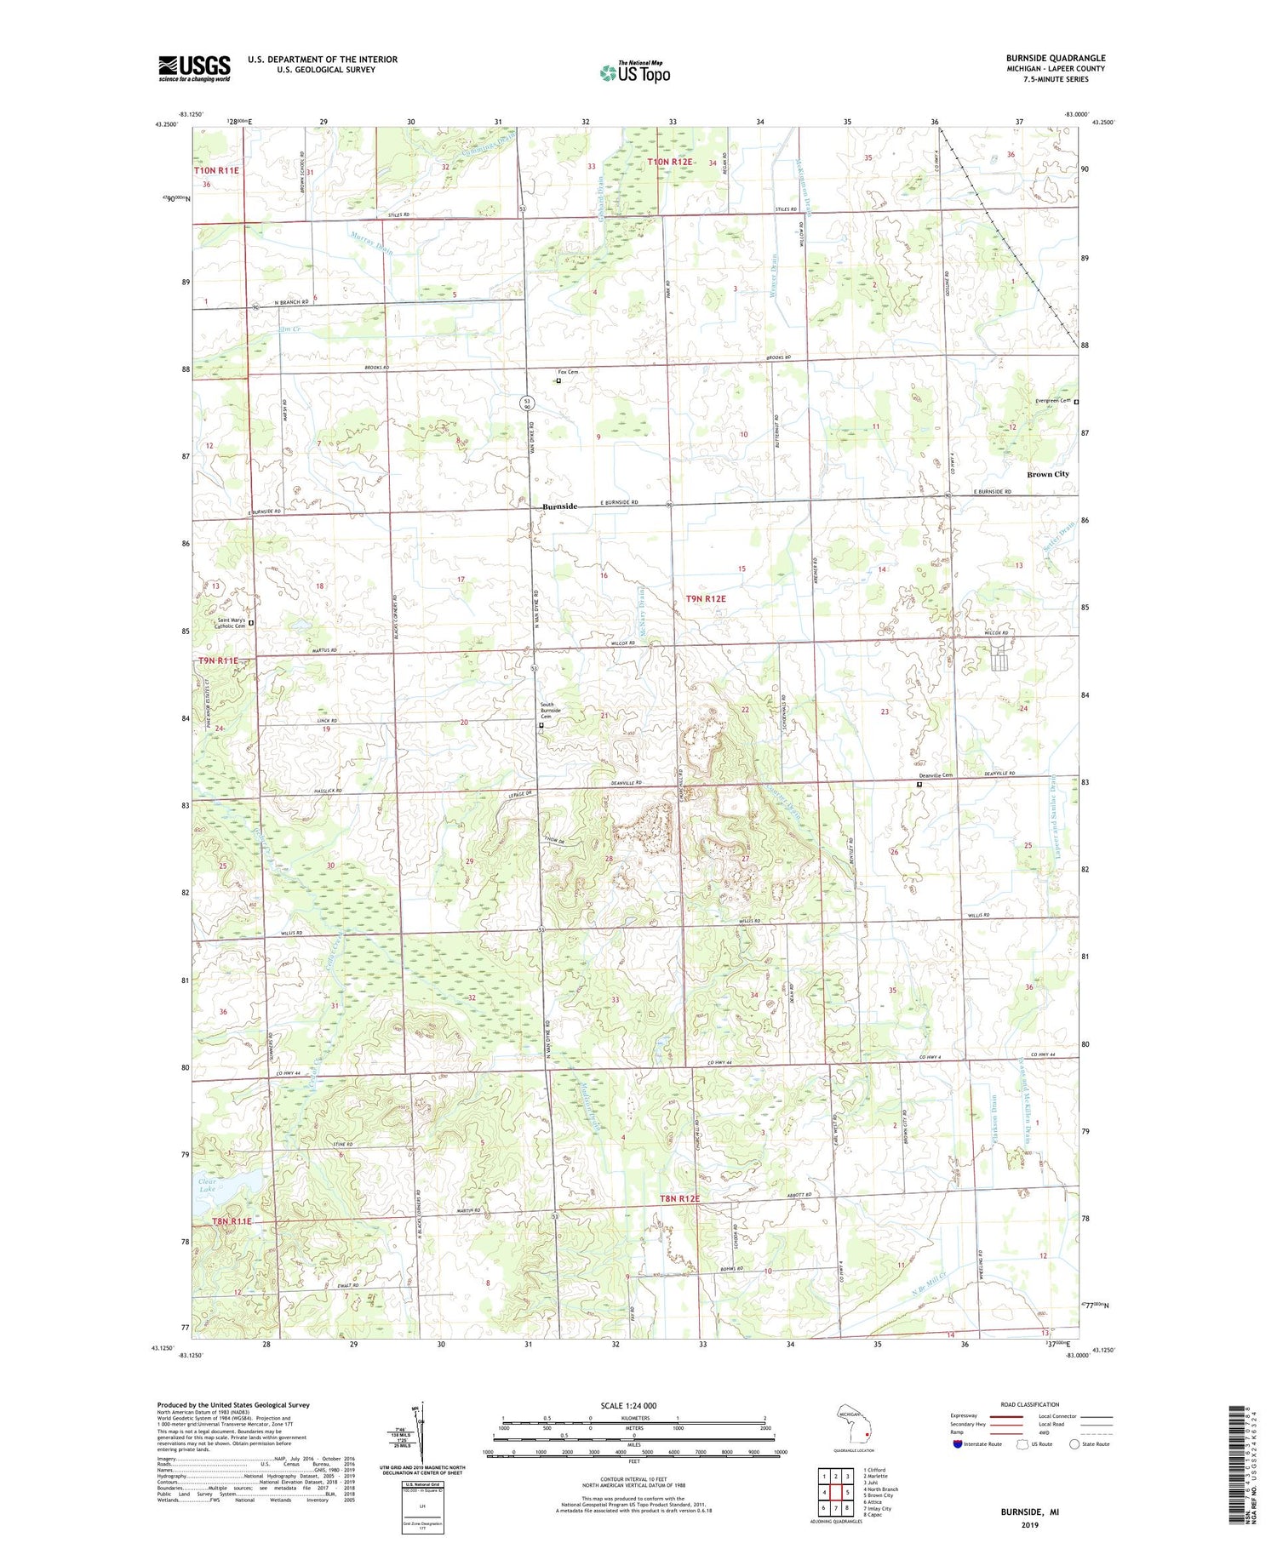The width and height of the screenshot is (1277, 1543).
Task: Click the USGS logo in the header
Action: click(x=194, y=68)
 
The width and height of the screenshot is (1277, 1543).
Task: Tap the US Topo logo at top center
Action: click(x=634, y=72)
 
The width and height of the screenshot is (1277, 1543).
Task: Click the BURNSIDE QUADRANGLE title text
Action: click(x=1055, y=58)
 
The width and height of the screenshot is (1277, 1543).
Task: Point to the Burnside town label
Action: click(x=560, y=506)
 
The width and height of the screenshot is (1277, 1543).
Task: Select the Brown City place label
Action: click(x=1047, y=474)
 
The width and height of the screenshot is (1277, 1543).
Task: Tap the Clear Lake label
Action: click(x=207, y=1186)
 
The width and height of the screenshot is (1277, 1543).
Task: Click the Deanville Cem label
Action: click(x=935, y=775)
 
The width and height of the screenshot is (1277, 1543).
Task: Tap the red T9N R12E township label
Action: click(x=706, y=598)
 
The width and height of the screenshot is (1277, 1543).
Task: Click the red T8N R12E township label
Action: click(x=679, y=1198)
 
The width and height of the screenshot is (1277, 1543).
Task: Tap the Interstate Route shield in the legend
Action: click(x=958, y=1443)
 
